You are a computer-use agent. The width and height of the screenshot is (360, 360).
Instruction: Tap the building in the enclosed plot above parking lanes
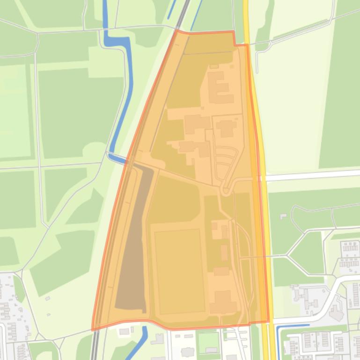[226, 128]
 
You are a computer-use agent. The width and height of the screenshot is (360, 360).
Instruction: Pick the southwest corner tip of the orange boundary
[93, 329]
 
